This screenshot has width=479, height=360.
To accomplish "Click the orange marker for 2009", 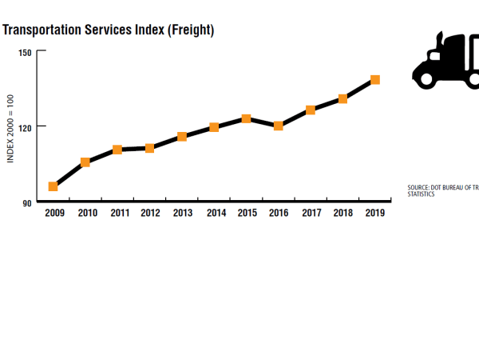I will pyautogui.click(x=53, y=186).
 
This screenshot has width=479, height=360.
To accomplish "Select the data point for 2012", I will pyautogui.click(x=149, y=148).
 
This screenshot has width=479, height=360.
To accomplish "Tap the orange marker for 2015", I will pyautogui.click(x=246, y=118).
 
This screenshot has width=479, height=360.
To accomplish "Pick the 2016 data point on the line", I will pyautogui.click(x=278, y=126).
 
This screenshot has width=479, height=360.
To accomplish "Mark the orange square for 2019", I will pyautogui.click(x=374, y=80).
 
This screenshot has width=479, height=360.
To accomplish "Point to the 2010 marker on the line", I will pyautogui.click(x=85, y=162).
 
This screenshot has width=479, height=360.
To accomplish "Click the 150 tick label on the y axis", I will pyautogui.click(x=25, y=53).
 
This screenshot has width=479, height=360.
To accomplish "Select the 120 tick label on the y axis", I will pyautogui.click(x=25, y=127).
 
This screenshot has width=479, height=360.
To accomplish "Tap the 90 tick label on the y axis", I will pyautogui.click(x=27, y=203).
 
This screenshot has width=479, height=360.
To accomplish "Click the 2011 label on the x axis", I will pyautogui.click(x=120, y=214).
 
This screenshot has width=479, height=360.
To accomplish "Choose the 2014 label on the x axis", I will pyautogui.click(x=216, y=214).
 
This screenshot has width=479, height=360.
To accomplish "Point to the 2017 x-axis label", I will pyautogui.click(x=311, y=214).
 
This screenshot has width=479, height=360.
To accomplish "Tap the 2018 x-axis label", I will pyautogui.click(x=343, y=214).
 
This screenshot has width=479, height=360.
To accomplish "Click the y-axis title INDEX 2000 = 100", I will pyautogui.click(x=11, y=126).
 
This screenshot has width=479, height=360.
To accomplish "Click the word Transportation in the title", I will pyautogui.click(x=42, y=31).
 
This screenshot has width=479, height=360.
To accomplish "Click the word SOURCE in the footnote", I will pyautogui.click(x=420, y=188).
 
